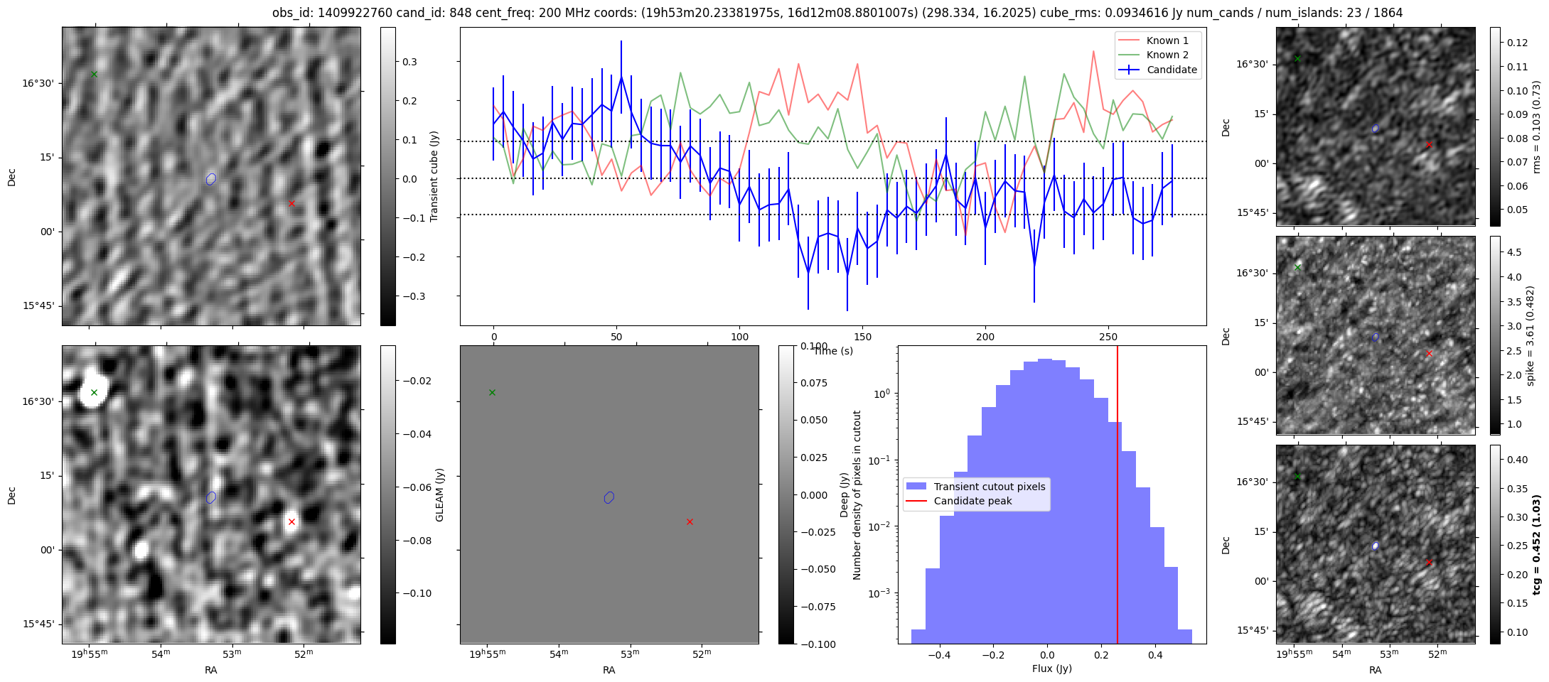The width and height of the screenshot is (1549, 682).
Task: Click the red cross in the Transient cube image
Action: coord(291,203)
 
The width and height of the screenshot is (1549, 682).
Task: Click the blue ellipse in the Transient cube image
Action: coord(211,179)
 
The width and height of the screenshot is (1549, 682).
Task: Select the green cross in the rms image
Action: coord(1297,58)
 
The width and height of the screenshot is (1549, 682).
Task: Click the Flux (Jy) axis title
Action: coord(1051,669)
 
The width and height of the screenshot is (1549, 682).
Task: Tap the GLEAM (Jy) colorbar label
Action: coord(439,494)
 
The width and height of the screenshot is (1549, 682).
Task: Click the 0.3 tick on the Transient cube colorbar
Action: coord(410,62)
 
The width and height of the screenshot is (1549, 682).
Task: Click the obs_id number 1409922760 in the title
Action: coord(348,13)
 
